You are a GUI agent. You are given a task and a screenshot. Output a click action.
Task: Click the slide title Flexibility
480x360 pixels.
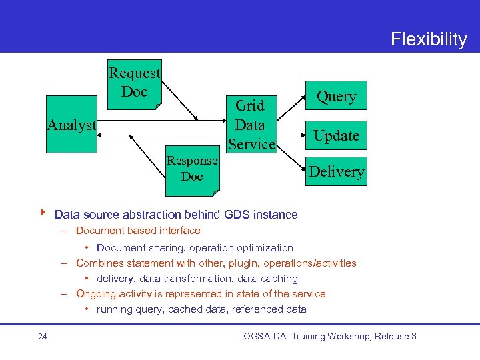(429, 39)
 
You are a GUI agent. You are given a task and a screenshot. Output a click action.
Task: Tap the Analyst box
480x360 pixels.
(71, 125)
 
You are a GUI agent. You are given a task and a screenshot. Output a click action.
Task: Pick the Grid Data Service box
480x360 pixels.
(251, 125)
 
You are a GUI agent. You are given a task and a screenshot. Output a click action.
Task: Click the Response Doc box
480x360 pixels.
(192, 169)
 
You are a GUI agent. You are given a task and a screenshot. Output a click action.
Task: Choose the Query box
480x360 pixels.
(336, 97)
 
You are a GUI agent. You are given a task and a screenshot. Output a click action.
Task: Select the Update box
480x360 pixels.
(336, 136)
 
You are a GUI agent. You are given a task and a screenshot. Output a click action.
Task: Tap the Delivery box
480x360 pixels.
(336, 172)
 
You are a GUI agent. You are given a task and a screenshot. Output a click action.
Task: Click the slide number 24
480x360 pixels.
(43, 337)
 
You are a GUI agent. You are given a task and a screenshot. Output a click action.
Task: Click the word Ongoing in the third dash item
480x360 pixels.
(96, 294)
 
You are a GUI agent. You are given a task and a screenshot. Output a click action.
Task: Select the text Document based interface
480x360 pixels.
(138, 231)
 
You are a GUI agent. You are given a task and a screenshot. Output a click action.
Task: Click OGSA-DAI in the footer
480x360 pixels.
(267, 336)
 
